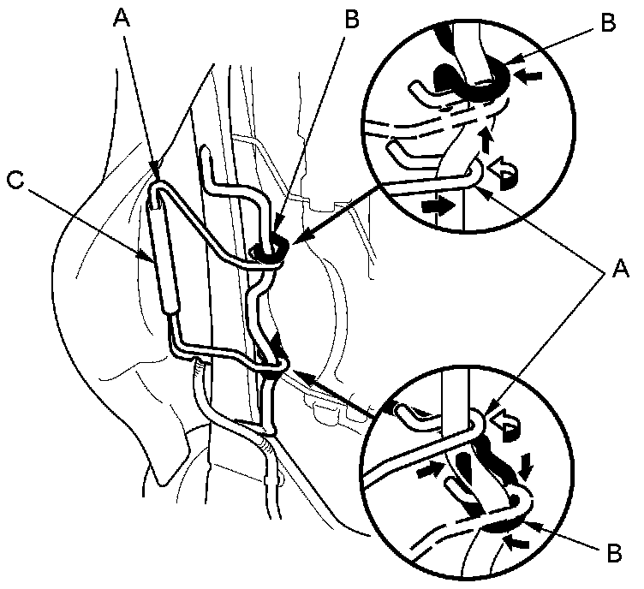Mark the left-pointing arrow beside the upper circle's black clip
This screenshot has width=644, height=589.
pyautogui.click(x=531, y=75)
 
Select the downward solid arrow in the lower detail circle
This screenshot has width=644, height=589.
pyautogui.click(x=526, y=467)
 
